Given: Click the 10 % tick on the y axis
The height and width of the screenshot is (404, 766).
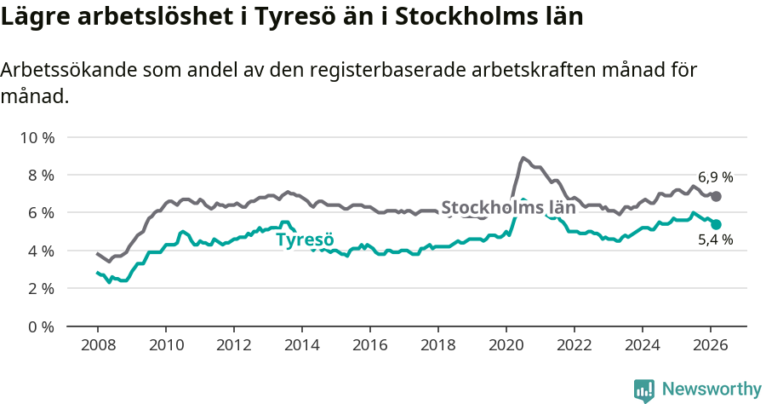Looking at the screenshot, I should click(x=37, y=137).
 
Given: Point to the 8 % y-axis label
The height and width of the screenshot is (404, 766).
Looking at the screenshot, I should click(x=40, y=175).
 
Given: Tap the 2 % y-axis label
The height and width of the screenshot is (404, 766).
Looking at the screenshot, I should click(x=40, y=288).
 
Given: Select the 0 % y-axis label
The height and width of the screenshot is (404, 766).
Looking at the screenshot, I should click(x=40, y=326).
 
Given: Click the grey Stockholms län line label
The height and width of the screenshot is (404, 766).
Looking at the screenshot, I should click(x=508, y=207).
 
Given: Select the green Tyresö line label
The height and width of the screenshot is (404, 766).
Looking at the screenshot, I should click(x=305, y=240).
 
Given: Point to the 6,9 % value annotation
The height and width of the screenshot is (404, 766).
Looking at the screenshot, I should click(x=715, y=177).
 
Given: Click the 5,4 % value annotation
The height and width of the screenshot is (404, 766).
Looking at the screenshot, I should click(x=715, y=240).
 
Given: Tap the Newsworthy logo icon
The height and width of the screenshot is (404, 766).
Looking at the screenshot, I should click(x=644, y=390).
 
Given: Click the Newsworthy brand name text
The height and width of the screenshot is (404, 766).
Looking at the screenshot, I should click(x=711, y=390).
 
